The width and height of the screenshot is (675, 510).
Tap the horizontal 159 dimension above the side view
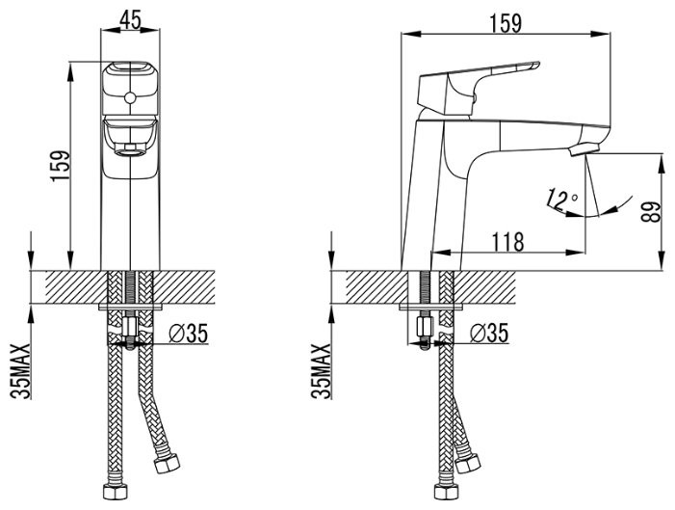(x=505, y=23)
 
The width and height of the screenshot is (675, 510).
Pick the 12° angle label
(x=560, y=200)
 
